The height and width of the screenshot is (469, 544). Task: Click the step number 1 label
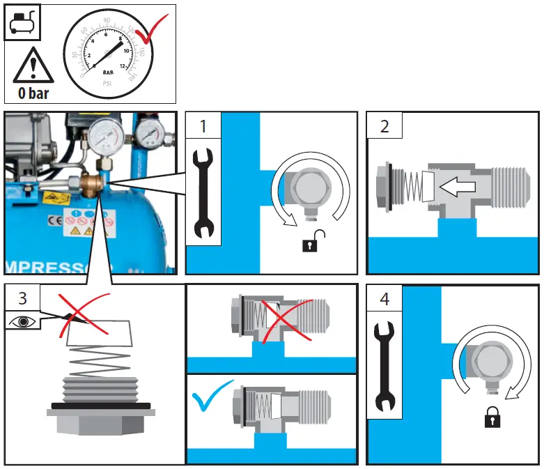click(x=203, y=126)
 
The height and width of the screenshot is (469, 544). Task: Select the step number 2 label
click(x=384, y=126)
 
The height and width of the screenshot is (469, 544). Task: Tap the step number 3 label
click(x=22, y=298)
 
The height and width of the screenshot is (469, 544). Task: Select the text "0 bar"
click(x=32, y=93)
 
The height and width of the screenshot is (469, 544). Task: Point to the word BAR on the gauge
click(x=109, y=72)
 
